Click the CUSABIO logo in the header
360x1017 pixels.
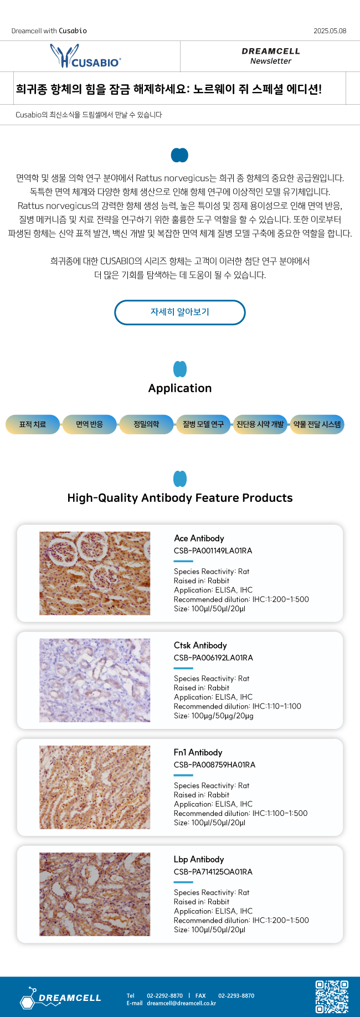86,56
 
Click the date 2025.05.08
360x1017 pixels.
330,31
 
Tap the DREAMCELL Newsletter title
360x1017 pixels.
271,56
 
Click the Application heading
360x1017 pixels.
180,388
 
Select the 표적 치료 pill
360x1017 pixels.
33,424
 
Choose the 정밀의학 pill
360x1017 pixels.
146,424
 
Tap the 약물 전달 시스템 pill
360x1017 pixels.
317,424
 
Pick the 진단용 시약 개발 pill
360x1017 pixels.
260,424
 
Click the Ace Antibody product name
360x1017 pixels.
199,538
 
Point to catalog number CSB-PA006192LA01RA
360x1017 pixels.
213,658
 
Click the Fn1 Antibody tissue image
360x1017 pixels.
95,787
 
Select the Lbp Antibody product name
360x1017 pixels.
199,859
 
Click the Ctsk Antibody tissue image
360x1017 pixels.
95,680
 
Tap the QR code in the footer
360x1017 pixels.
332,997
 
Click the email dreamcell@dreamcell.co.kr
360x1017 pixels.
182,1003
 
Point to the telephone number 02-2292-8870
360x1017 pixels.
164,995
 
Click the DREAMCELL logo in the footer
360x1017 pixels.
61,998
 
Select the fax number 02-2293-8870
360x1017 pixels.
236,995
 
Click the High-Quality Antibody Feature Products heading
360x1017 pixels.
180,498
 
